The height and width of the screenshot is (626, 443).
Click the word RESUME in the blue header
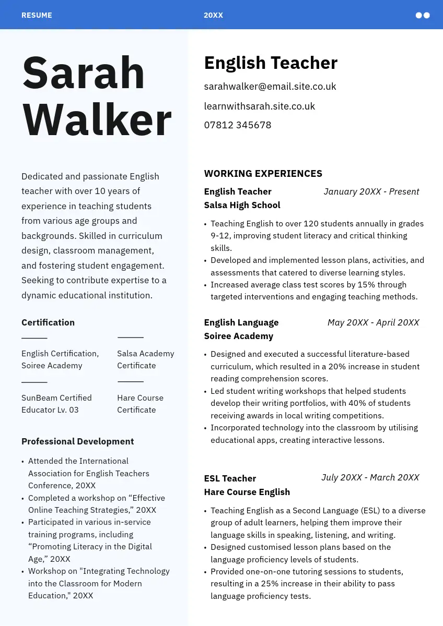coord(37,15)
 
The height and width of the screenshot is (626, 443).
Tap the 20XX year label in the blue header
coord(213,15)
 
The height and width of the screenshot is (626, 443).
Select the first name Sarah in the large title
coord(84,73)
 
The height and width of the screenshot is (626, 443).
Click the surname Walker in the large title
coord(97,119)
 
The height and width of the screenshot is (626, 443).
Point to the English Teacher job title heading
coord(271,63)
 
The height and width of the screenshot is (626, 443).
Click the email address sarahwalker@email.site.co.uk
coord(270,87)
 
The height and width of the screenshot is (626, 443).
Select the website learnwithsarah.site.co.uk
coord(259,106)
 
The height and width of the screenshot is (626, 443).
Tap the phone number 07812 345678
coord(238,125)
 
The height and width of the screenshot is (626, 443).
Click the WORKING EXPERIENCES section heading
coord(263,174)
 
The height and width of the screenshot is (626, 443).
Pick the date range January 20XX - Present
coord(371,191)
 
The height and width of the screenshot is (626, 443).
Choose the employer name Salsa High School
coord(242,205)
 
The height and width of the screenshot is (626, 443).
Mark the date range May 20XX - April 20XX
coord(373,322)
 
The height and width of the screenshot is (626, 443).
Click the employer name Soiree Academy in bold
coord(238,336)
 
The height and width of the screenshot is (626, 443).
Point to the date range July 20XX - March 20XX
coord(370,477)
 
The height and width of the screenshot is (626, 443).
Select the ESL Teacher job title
coord(230,478)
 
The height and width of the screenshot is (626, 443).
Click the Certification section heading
coord(48,322)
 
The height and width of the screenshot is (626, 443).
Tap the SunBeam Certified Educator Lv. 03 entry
coord(56,404)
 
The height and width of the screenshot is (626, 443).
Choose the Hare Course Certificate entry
coord(140,404)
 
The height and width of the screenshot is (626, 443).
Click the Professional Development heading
coord(77,441)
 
